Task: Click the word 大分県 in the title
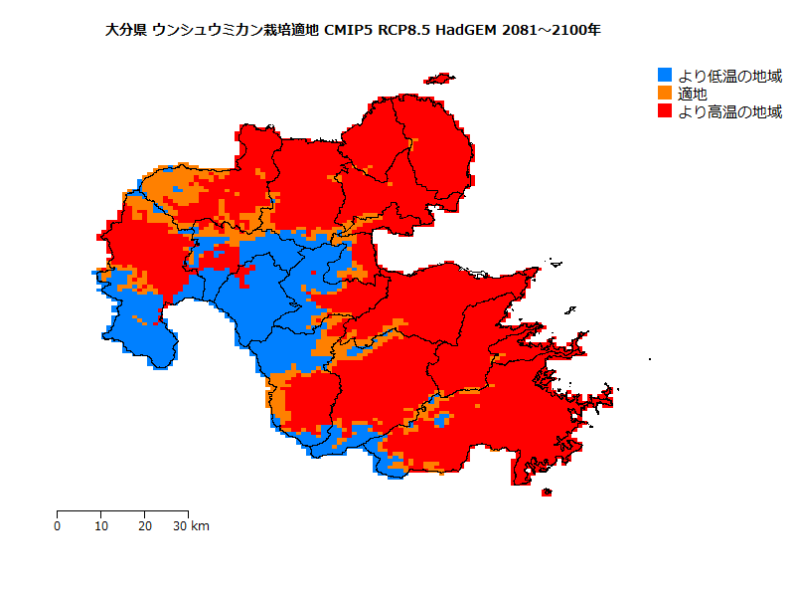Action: tap(126, 30)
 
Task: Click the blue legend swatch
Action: tap(666, 76)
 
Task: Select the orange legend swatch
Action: tap(666, 94)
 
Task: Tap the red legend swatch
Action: tap(666, 111)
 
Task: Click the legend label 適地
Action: tap(693, 94)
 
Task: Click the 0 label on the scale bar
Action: tap(58, 525)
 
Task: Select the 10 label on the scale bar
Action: tap(101, 525)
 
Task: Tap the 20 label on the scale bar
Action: tap(145, 525)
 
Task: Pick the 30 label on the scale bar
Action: tap(180, 525)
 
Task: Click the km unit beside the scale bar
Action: tap(200, 525)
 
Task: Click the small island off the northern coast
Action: tap(438, 79)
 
